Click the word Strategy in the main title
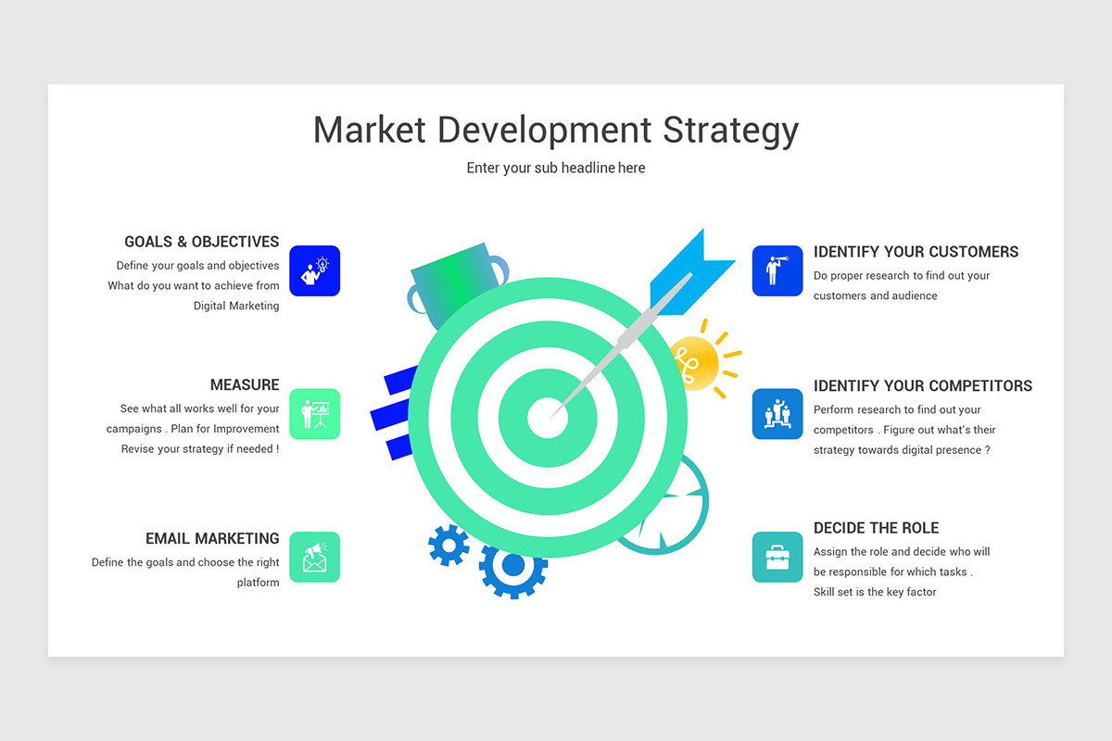730,131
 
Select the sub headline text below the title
556,168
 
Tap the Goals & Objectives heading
202,242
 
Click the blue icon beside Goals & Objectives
315,270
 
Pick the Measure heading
245,384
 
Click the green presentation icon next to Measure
315,414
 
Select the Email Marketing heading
212,538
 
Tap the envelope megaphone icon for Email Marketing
315,557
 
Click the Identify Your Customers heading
916,252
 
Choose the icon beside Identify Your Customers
777,270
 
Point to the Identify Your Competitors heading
923,385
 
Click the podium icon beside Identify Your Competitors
777,414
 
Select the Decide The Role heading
876,528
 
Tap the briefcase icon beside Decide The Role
777,557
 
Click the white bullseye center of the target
548,417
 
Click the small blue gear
449,546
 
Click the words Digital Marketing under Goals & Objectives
236,306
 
